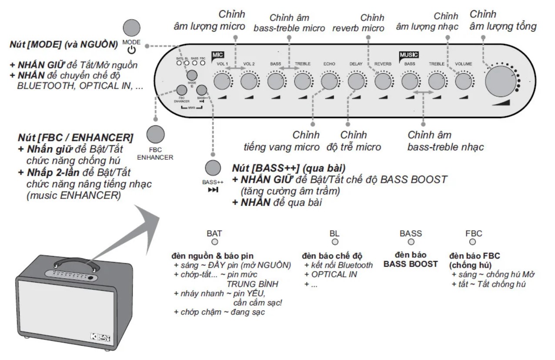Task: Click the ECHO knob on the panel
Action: tap(329, 81)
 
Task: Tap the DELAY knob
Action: tap(356, 81)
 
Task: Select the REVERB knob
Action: tap(383, 81)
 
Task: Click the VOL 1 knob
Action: tap(222, 81)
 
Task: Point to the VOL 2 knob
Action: tap(249, 81)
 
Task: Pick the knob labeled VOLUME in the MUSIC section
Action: tap(463, 81)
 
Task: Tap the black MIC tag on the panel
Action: tap(217, 55)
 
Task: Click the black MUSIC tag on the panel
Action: tap(408, 55)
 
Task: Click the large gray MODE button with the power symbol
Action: tap(131, 27)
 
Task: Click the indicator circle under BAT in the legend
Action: tap(214, 242)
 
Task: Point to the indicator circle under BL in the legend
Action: tap(334, 242)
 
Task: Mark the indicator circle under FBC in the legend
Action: tap(473, 242)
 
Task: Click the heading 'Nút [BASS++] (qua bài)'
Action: tap(290, 168)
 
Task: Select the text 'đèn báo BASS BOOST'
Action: tap(410, 259)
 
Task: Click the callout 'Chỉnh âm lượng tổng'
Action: tap(502, 20)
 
